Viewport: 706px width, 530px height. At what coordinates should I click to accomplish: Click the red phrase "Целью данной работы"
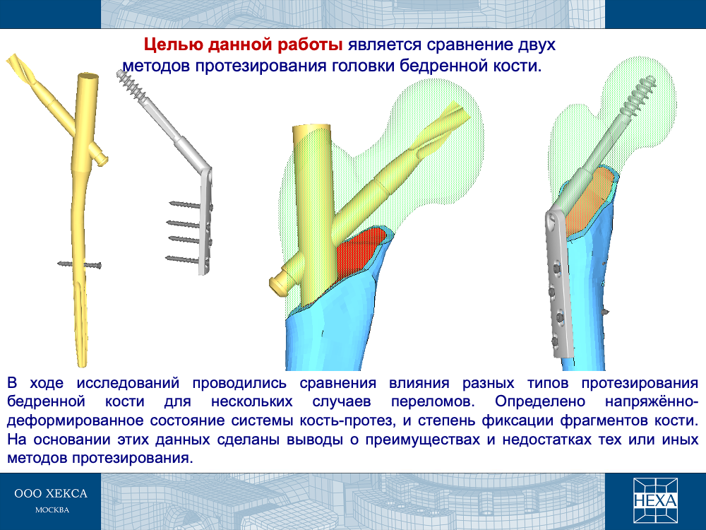(x=243, y=45)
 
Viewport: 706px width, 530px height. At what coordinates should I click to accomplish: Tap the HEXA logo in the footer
(x=655, y=500)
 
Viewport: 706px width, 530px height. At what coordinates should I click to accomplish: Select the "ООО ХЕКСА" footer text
(x=51, y=493)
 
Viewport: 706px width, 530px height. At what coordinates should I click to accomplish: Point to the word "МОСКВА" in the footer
(x=52, y=510)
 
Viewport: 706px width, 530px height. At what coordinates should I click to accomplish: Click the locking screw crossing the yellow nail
(x=80, y=264)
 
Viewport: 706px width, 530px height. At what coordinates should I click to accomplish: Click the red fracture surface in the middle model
(x=360, y=252)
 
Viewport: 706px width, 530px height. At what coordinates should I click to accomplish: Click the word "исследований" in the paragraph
(x=128, y=383)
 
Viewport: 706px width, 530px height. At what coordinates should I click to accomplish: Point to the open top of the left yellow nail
(x=88, y=77)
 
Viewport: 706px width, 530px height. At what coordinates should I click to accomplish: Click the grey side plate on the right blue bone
(x=560, y=285)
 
